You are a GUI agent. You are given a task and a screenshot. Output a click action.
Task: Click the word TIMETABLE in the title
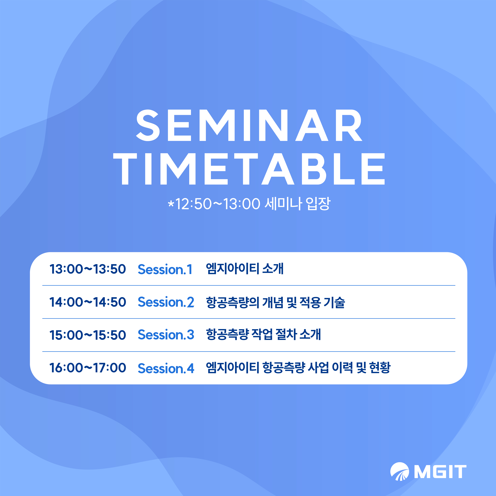click(249, 169)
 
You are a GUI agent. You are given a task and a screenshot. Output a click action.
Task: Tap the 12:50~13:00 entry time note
click(218, 204)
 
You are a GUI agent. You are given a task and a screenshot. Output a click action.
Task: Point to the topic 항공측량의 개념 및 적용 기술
click(275, 302)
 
